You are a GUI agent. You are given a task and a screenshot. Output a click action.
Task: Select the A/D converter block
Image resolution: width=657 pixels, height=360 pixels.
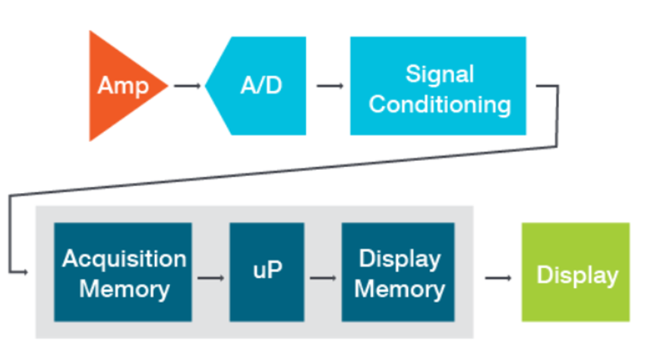pyautogui.click(x=258, y=85)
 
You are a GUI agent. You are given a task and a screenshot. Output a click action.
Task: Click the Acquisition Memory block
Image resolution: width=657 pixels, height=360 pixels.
pyautogui.click(x=123, y=272)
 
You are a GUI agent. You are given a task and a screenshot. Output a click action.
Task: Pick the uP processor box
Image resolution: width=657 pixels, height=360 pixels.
pyautogui.click(x=267, y=272)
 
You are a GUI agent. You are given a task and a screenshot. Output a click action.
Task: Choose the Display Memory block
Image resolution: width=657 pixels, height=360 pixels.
pyautogui.click(x=398, y=272)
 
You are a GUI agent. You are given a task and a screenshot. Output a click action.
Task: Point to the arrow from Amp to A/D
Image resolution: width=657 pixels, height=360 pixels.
pyautogui.click(x=188, y=86)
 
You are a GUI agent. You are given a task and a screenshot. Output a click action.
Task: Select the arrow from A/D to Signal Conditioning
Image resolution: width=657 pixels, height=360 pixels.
pyautogui.click(x=330, y=86)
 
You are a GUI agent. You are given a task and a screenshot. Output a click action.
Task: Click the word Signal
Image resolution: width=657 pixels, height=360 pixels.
pyautogui.click(x=439, y=74)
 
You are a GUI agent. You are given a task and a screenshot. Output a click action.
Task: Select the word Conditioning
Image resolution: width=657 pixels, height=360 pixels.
pyautogui.click(x=439, y=103)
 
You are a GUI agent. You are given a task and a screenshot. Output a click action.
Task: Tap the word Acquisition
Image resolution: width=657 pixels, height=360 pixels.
pyautogui.click(x=124, y=258)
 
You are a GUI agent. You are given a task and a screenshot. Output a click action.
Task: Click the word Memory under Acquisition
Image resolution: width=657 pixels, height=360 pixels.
pyautogui.click(x=125, y=289)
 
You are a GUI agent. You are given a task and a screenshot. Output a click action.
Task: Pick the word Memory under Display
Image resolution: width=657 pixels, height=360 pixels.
pyautogui.click(x=399, y=289)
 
